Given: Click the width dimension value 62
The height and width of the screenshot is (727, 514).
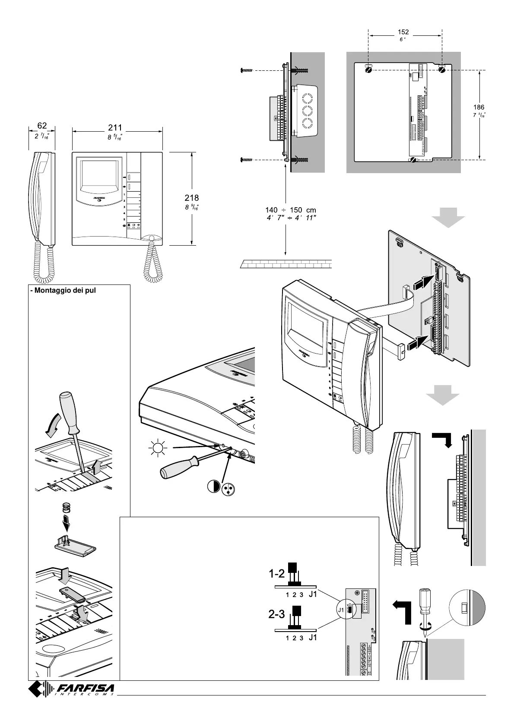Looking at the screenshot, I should (42, 126).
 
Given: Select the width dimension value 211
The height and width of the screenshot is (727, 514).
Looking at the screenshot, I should (115, 128).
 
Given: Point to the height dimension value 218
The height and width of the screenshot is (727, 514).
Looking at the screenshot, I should (192, 198).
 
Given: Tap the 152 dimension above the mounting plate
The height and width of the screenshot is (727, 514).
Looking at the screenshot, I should (403, 32).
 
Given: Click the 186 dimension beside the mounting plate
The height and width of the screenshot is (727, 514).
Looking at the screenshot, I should (479, 107).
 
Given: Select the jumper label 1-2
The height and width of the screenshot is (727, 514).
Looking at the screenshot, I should (276, 574).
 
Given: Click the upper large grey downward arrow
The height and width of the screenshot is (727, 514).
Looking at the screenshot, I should (448, 218).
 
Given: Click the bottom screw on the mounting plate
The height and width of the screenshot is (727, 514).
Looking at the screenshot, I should (412, 160).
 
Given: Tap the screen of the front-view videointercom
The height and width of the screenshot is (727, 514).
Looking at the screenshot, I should (97, 175).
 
